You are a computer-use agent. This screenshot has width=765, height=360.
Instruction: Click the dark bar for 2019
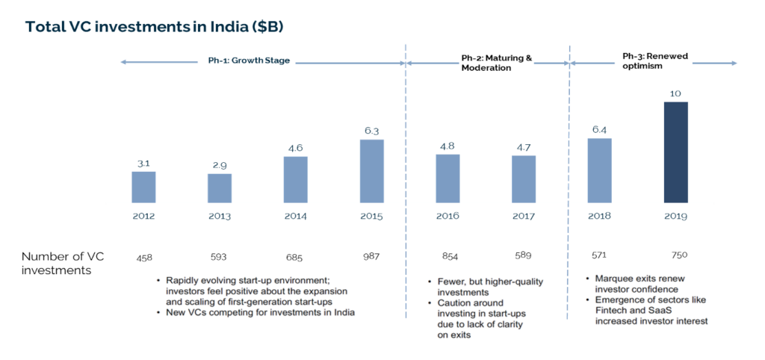coord(675,152)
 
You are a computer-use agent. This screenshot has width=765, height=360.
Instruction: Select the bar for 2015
coord(371,171)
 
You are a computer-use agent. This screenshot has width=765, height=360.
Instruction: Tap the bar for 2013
coord(219,188)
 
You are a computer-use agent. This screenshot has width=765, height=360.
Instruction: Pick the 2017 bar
coord(523,179)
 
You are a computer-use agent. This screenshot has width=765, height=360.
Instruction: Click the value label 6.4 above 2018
coord(599,129)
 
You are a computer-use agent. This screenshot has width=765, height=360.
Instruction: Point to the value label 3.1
coord(143,163)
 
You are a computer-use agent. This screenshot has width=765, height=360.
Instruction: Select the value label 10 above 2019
coord(675,93)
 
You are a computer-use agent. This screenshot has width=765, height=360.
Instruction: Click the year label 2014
coord(295,216)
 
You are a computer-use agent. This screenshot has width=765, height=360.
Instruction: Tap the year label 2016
coord(447,216)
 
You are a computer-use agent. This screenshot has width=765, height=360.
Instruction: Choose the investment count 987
coord(371,257)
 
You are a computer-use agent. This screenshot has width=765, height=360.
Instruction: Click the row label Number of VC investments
coord(63,263)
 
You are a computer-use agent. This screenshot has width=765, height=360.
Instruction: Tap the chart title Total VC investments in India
coord(154,26)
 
